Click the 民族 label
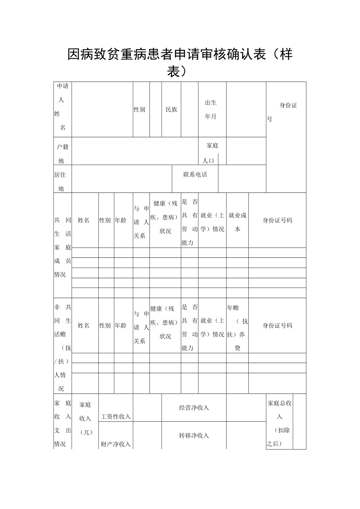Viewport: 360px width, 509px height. coord(171,110)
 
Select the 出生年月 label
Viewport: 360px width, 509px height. coord(211,110)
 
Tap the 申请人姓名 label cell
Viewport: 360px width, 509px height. coord(62,107)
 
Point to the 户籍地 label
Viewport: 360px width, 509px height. coord(62,153)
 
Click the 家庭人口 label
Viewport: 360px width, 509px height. coord(212,153)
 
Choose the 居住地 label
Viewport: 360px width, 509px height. coord(60,182)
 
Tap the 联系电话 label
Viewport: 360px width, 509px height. coord(195,174)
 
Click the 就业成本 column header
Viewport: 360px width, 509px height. coord(237,222)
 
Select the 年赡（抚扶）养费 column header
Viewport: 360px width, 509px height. coord(237,328)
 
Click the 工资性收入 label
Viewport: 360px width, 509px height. coord(116,417)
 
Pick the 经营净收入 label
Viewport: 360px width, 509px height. coord(194,408)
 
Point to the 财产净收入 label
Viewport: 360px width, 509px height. coord(116,444)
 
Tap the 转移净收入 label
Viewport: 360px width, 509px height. coord(194,435)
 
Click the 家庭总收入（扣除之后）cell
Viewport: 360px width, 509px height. coord(279,423)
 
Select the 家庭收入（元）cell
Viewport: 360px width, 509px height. coord(85,418)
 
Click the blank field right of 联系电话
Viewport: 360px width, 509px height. coord(242,178)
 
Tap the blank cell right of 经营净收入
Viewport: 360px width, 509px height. coord(246,408)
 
